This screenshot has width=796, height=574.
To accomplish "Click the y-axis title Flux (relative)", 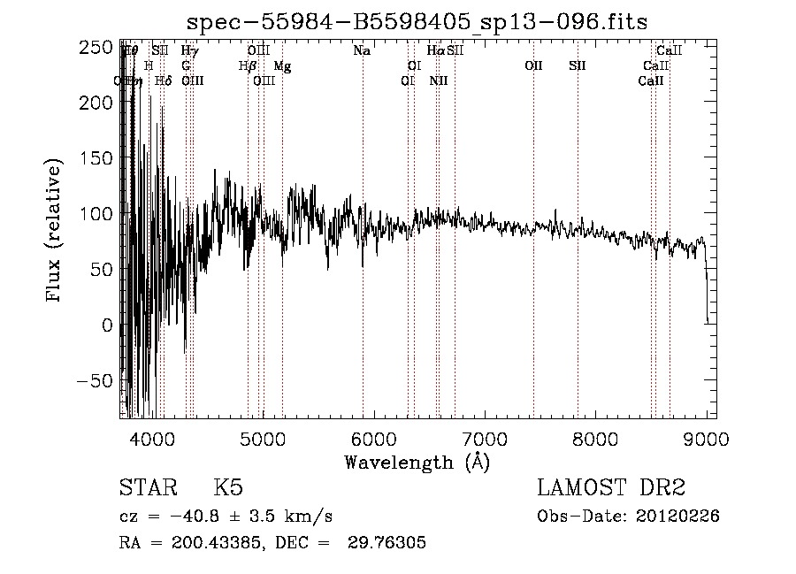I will pyautogui.click(x=55, y=232).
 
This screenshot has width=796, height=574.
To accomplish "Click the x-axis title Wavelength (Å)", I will pyautogui.click(x=417, y=462).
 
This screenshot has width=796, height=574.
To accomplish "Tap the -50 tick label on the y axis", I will pyautogui.click(x=95, y=381).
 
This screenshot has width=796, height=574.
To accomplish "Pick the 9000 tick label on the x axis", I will pyautogui.click(x=707, y=440).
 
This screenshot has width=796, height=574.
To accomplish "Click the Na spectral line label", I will pyautogui.click(x=362, y=51).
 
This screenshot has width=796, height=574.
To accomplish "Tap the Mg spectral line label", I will pyautogui.click(x=282, y=66).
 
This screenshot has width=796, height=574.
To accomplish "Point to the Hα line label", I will pyautogui.click(x=436, y=51).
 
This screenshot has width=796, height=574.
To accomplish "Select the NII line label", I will pyautogui.click(x=439, y=81).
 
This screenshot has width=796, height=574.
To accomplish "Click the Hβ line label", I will pyautogui.click(x=248, y=66).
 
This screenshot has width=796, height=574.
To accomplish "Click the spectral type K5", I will pyautogui.click(x=228, y=488).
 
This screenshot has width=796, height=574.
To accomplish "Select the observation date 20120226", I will pyautogui.click(x=677, y=517).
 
